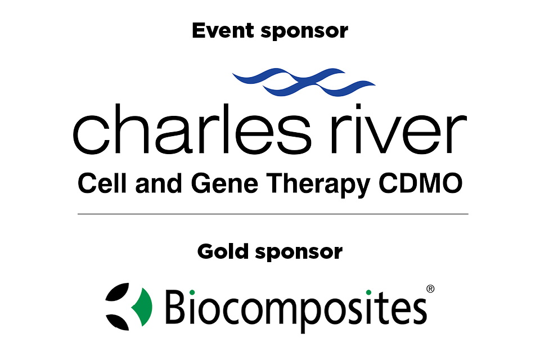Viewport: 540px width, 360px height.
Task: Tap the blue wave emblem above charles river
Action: coord(304,81)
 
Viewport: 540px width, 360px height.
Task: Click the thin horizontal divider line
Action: coord(273,214)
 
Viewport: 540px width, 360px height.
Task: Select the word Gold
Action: coord(223,251)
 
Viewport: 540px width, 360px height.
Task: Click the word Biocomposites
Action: coord(295,307)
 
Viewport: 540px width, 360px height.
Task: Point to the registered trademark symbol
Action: coord(430,289)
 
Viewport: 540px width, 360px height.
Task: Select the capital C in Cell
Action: coord(87,184)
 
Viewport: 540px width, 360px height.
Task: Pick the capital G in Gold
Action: coord(206,251)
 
